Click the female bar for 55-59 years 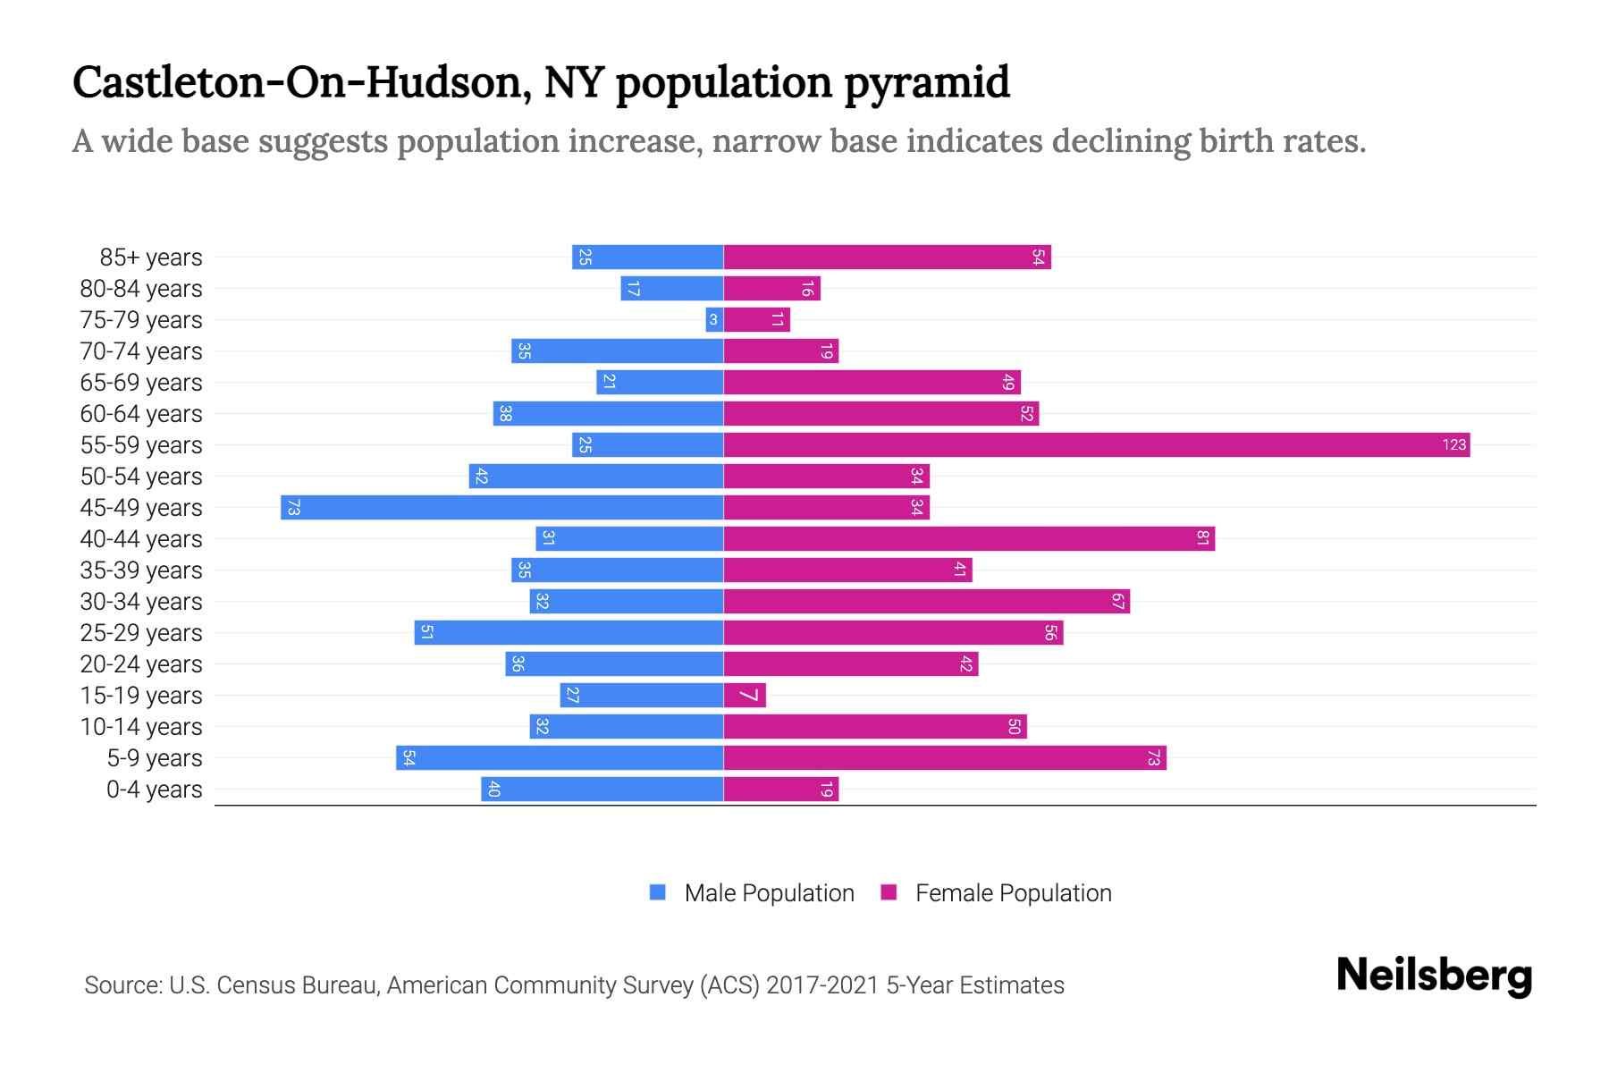click(1096, 444)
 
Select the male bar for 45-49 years click(501, 507)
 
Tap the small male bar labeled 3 click(713, 319)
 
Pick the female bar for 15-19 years click(744, 695)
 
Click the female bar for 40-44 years click(968, 538)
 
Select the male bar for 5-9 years click(560, 757)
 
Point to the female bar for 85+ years click(887, 257)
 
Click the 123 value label click(1453, 444)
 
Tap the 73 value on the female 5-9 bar click(1153, 757)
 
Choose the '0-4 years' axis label click(154, 790)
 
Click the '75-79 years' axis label click(141, 320)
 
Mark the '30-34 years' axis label click(141, 602)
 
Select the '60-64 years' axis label click(141, 414)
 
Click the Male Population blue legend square click(658, 892)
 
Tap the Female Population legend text click(1013, 892)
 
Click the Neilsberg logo click(1434, 976)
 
